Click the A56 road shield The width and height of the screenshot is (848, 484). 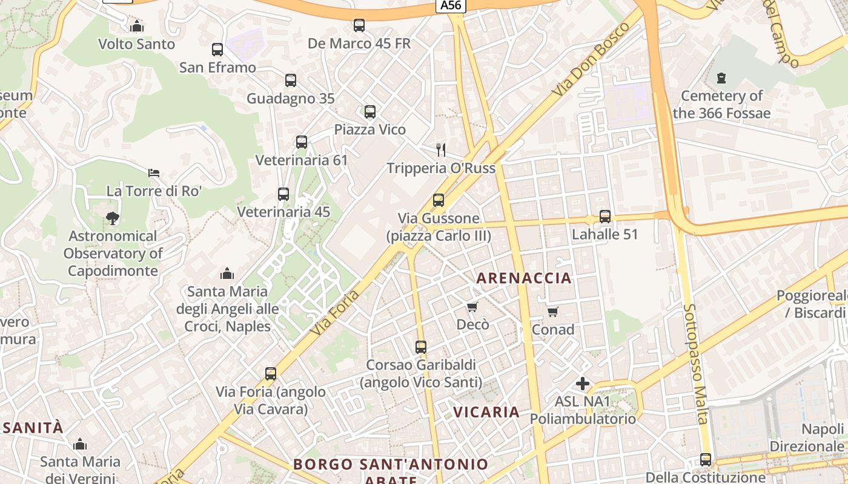pyautogui.click(x=450, y=6)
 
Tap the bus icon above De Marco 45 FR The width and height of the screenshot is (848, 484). pyautogui.click(x=359, y=25)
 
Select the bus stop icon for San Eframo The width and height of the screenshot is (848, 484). pyautogui.click(x=217, y=50)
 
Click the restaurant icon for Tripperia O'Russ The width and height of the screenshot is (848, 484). pyautogui.click(x=441, y=149)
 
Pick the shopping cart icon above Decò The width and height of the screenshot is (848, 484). pyautogui.click(x=472, y=307)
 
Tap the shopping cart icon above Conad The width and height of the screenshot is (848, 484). pyautogui.click(x=552, y=312)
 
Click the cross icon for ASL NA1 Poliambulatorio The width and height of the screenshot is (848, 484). pyautogui.click(x=583, y=384)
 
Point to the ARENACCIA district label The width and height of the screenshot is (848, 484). pyautogui.click(x=524, y=278)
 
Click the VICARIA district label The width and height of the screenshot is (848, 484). pyautogui.click(x=486, y=413)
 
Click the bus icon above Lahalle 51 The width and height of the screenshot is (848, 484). pyautogui.click(x=605, y=216)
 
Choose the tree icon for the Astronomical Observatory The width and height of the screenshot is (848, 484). pyautogui.click(x=112, y=218)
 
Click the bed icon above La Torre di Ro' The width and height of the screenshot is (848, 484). pyautogui.click(x=154, y=173)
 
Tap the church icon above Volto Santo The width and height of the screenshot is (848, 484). pyautogui.click(x=137, y=26)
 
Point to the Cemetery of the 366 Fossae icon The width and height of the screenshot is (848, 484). pyautogui.click(x=721, y=78)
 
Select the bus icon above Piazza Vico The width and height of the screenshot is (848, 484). pyautogui.click(x=370, y=112)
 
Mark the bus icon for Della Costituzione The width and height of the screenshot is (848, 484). pyautogui.click(x=706, y=460)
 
